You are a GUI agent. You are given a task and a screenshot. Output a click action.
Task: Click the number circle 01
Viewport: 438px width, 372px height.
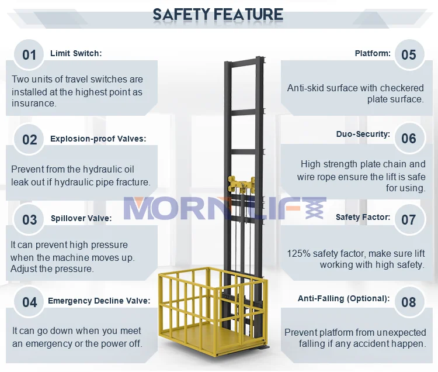coord(29,55)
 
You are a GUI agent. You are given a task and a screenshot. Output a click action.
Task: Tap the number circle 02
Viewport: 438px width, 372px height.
coord(29,139)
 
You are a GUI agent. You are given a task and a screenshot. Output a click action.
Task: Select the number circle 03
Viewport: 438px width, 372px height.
coord(29,219)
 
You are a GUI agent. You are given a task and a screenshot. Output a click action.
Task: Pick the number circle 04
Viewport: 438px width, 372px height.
coord(29,302)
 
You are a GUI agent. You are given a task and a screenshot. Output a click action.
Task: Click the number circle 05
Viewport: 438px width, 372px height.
coord(409,55)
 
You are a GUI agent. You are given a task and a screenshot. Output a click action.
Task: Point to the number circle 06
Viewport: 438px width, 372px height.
coord(409,138)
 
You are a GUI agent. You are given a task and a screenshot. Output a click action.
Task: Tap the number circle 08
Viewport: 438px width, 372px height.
coord(409,302)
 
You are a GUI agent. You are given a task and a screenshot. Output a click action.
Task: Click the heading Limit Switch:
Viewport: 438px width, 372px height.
coord(76,53)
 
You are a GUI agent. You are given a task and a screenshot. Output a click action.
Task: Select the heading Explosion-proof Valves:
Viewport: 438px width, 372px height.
coord(98,139)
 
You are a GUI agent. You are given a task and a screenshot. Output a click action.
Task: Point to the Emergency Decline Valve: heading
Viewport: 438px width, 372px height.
coord(99,301)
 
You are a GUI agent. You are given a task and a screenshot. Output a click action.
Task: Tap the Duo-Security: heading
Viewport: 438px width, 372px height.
coord(363,134)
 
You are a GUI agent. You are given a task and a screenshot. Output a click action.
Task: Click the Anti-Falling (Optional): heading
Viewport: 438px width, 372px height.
coord(343,298)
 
